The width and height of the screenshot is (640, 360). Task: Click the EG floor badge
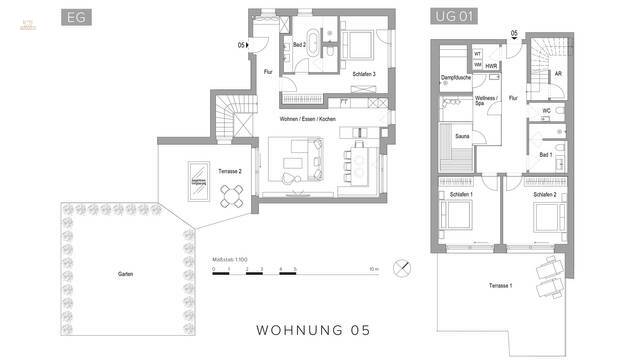75,18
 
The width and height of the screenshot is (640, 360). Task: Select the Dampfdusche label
456,78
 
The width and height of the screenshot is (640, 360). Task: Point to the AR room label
558,73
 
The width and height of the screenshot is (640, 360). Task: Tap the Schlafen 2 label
545,194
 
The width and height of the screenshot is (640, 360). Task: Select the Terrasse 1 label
501,287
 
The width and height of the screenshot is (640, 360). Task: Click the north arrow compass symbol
402,268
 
